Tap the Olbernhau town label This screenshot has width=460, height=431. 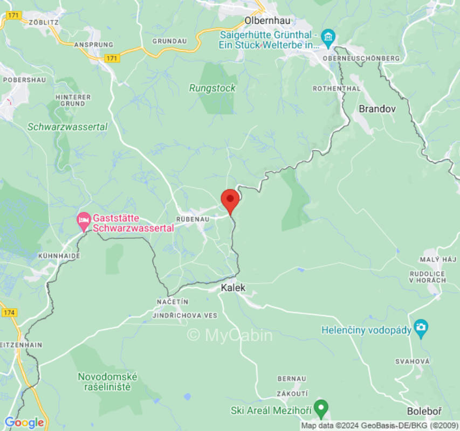click(x=267, y=20)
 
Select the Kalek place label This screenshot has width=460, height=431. click(x=233, y=288)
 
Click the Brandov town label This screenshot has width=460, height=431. click(x=377, y=109)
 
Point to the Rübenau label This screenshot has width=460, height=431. click(x=193, y=219)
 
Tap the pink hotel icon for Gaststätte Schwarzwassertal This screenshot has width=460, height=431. click(x=84, y=220)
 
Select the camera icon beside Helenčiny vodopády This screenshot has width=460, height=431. click(x=421, y=327)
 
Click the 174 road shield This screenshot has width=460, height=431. click(x=9, y=312)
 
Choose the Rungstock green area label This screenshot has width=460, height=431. click(x=212, y=88)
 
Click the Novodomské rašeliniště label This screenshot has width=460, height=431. click(x=107, y=381)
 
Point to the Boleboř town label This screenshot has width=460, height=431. click(x=424, y=412)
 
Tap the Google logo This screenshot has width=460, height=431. click(x=24, y=422)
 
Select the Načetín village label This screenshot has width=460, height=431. click(x=173, y=301)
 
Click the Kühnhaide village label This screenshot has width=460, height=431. click(x=59, y=255)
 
